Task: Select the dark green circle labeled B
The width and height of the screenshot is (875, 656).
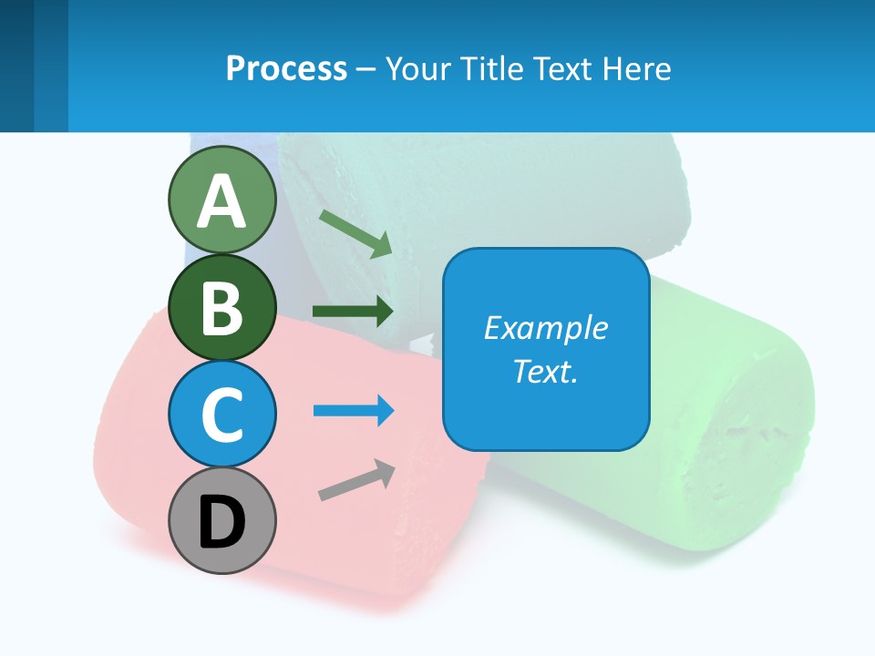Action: click(x=221, y=307)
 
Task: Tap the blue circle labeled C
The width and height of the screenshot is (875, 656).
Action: click(x=221, y=414)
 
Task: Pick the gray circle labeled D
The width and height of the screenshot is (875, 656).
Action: click(x=221, y=520)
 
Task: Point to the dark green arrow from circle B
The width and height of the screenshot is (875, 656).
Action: click(x=353, y=312)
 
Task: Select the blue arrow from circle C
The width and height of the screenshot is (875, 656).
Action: click(x=354, y=411)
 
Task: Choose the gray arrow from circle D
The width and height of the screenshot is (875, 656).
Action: click(x=356, y=480)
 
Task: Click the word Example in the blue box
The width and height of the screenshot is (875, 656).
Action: click(x=545, y=328)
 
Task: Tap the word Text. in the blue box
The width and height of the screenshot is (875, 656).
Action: click(x=545, y=371)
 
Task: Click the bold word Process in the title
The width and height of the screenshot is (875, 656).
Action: click(x=286, y=68)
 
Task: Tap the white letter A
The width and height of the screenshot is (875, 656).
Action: click(x=221, y=200)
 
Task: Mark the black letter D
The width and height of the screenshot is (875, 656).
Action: click(x=221, y=522)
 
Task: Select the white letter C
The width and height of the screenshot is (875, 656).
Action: click(x=221, y=415)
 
